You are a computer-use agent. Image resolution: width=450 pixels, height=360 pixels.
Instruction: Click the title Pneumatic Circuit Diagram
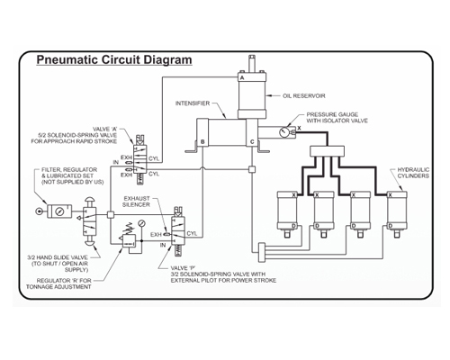coord(114,59)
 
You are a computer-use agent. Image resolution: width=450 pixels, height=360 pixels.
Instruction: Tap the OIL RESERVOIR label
coord(304,96)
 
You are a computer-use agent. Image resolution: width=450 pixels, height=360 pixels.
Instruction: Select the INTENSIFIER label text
coord(193,103)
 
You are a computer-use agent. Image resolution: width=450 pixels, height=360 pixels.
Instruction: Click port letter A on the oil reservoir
coord(242,77)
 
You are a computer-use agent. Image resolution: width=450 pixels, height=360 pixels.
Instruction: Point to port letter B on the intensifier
coord(202,141)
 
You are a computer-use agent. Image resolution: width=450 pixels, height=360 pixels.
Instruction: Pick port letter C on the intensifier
coord(252,141)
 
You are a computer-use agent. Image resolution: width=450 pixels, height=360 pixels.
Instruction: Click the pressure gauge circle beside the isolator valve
coord(283,132)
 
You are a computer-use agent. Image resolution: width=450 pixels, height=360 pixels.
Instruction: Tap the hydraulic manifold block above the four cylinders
coord(327,151)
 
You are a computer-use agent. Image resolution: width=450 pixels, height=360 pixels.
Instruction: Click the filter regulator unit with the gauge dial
coord(59,211)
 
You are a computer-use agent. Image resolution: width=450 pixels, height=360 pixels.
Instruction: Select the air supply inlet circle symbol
coord(39,211)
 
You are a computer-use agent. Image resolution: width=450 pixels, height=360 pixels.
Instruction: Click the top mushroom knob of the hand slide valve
coord(89,201)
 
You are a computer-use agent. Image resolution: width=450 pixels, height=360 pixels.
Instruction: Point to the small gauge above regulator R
coord(141,223)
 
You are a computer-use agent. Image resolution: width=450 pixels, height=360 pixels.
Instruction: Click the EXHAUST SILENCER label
coord(137,202)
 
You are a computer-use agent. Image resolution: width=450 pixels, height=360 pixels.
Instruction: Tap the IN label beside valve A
coord(116,162)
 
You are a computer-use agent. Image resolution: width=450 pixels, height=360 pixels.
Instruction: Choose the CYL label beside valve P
coord(192,233)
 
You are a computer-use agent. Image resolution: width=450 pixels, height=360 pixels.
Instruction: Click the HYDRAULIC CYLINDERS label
coord(413,173)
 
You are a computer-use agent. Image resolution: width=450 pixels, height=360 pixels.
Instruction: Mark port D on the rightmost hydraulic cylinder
coord(391,226)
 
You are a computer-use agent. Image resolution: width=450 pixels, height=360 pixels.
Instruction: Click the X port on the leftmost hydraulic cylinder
coord(294,195)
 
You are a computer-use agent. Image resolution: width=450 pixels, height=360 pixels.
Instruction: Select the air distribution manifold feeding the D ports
coord(262,252)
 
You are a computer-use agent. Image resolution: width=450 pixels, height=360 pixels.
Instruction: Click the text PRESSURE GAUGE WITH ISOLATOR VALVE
coord(337,118)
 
